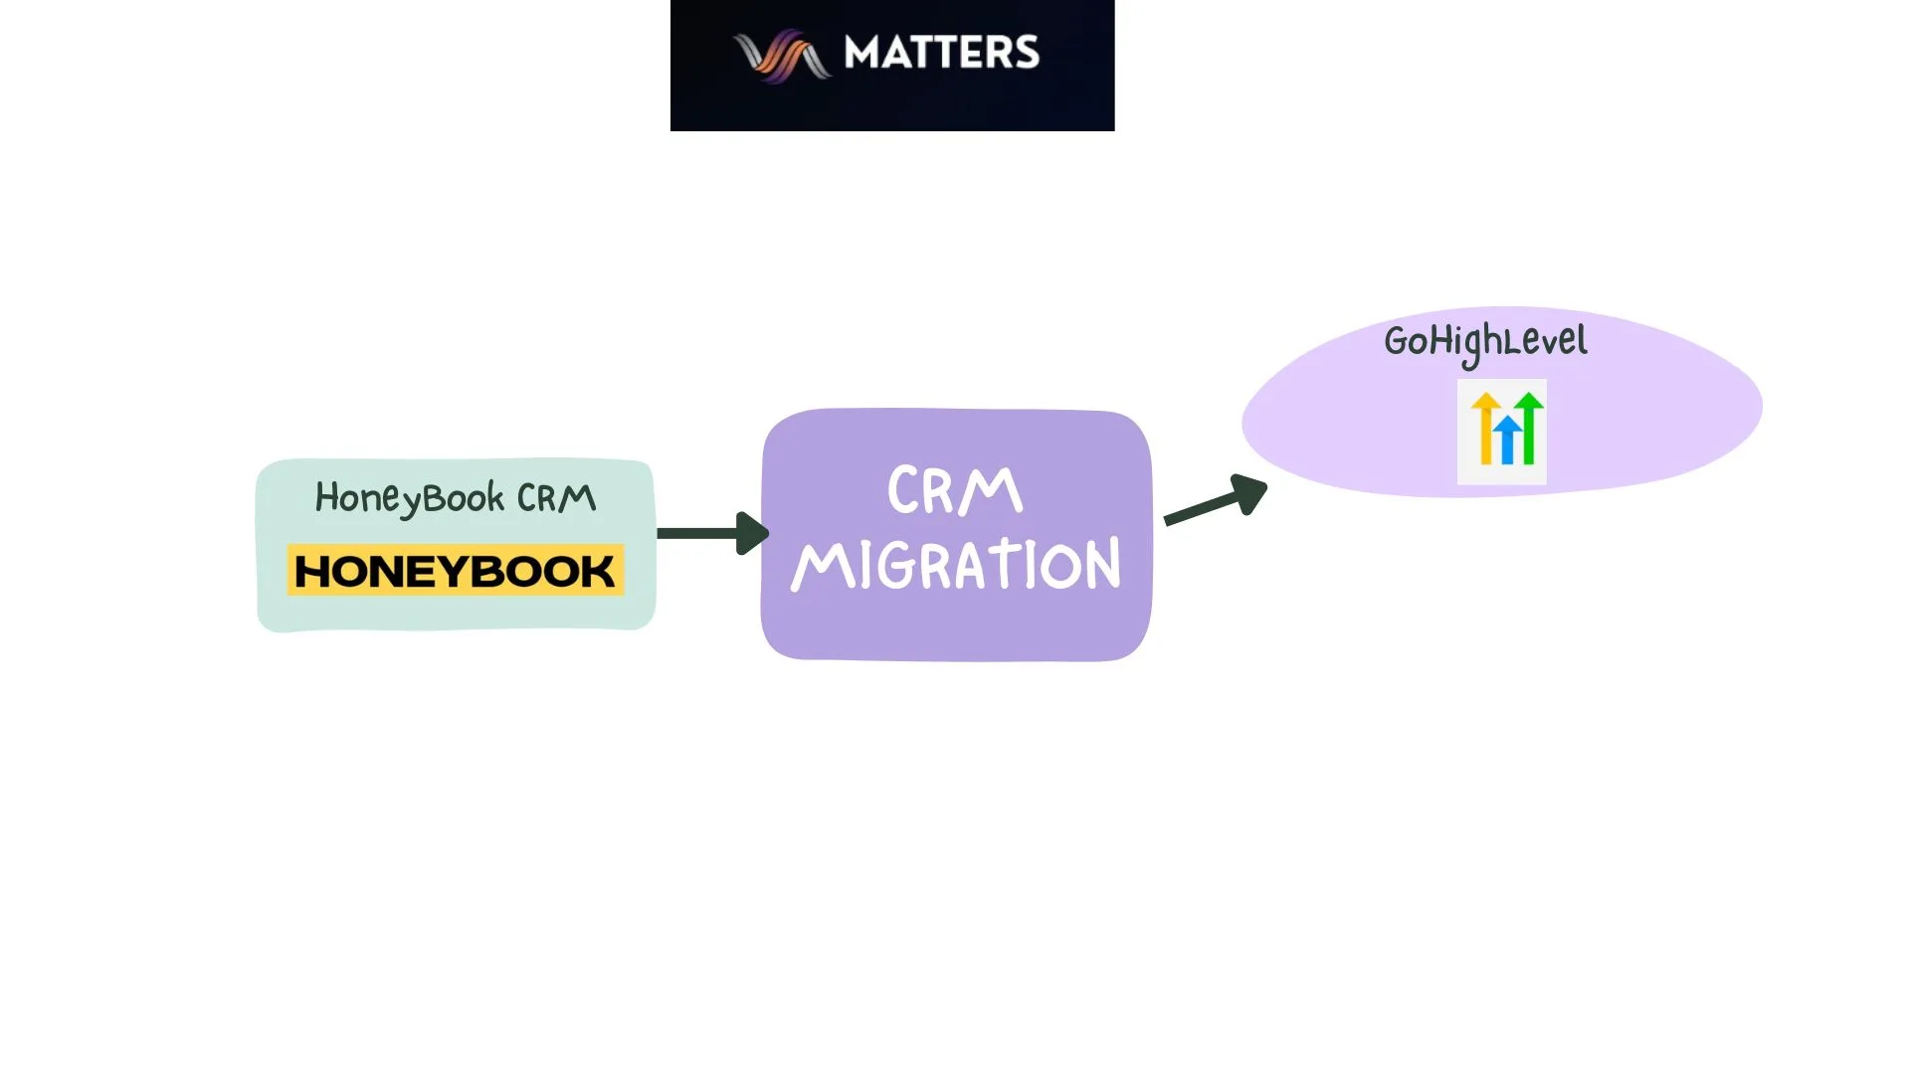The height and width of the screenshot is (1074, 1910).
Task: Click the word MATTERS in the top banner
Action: click(941, 53)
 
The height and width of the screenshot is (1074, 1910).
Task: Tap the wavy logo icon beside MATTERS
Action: click(781, 55)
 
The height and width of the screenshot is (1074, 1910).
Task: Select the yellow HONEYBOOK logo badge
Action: click(456, 570)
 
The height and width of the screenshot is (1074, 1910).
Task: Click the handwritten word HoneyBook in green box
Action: click(409, 498)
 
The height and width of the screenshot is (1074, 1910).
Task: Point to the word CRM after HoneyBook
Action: click(556, 497)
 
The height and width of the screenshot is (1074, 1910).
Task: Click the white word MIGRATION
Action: click(956, 565)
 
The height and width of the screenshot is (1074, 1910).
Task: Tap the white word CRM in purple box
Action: click(954, 490)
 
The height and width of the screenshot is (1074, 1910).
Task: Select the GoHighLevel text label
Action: click(1485, 342)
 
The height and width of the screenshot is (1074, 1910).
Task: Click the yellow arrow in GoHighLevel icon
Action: click(1485, 428)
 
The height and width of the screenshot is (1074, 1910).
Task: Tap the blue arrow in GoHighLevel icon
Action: click(1507, 440)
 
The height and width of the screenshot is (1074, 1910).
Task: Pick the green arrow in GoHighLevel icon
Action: click(1530, 428)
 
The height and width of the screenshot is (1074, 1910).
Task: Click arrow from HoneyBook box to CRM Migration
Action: click(701, 533)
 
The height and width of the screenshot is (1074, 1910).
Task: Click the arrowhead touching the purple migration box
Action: click(751, 533)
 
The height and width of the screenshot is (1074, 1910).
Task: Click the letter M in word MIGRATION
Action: click(823, 567)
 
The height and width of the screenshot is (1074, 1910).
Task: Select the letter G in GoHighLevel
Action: click(1396, 342)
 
